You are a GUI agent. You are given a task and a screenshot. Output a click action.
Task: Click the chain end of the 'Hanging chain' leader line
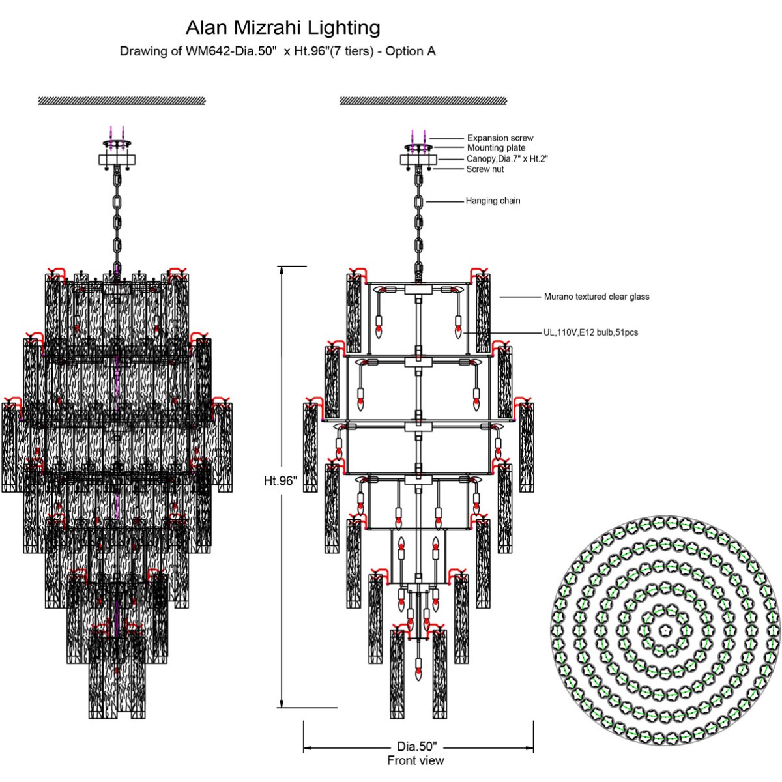tap(426, 201)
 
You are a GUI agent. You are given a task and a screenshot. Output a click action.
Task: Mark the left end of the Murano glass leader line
tap(500, 297)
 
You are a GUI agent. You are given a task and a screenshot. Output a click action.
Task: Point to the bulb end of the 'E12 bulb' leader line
tap(463, 333)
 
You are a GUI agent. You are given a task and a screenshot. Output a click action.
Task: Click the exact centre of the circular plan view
tap(665, 631)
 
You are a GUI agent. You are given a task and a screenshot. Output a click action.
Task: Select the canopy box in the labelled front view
tap(418, 160)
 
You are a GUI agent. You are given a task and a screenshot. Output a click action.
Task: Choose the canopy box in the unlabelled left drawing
tap(117, 160)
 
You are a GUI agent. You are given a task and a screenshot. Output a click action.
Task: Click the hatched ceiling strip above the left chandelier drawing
tap(122, 100)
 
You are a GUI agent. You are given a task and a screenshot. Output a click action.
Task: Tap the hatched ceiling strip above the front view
tap(424, 100)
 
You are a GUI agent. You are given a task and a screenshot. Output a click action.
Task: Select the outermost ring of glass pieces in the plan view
tap(665, 631)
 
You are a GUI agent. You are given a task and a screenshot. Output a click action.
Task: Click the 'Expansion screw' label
tap(500, 138)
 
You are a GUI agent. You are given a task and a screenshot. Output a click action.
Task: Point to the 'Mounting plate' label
tap(496, 148)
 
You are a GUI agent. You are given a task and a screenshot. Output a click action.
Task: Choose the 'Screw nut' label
tap(485, 169)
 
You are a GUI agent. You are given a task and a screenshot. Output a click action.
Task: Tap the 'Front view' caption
tap(416, 760)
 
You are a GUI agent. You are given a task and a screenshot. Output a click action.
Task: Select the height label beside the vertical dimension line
tap(280, 481)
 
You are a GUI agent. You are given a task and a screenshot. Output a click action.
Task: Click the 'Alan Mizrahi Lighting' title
tap(283, 28)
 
